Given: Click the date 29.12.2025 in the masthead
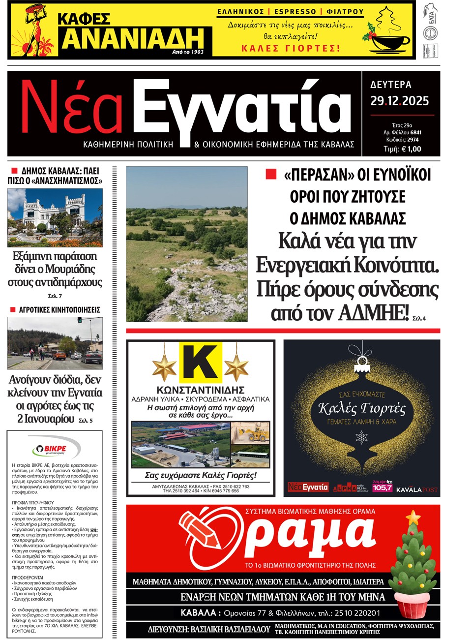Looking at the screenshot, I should point(399,101).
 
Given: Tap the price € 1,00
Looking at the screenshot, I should point(411,149).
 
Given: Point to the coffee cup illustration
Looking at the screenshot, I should point(388,41).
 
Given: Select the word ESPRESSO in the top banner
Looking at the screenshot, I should point(295,11).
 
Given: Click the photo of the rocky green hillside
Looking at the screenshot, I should point(187,244).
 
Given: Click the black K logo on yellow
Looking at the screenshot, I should point(200,363).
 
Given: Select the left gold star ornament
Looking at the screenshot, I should point(164,367).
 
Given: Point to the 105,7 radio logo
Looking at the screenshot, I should point(383,487).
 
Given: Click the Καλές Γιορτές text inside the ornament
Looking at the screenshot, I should point(361,408).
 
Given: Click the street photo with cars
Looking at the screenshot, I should point(55,343).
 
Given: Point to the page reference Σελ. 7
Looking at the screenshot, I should point(55,296).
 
